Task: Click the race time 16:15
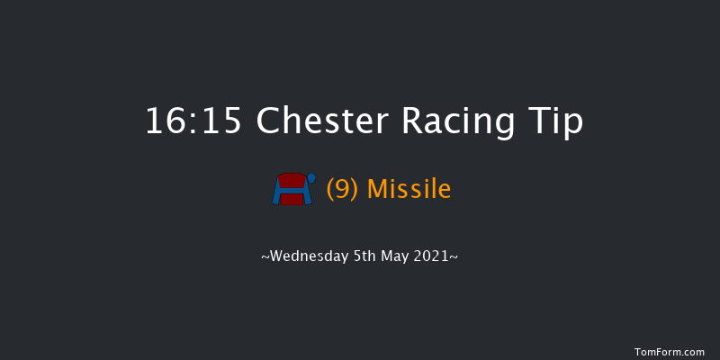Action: [193, 121]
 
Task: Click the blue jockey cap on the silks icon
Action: [311, 177]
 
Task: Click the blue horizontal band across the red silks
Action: [292, 190]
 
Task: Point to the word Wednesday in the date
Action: [308, 256]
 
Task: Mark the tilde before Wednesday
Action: [265, 257]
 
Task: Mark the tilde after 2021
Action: [455, 257]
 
